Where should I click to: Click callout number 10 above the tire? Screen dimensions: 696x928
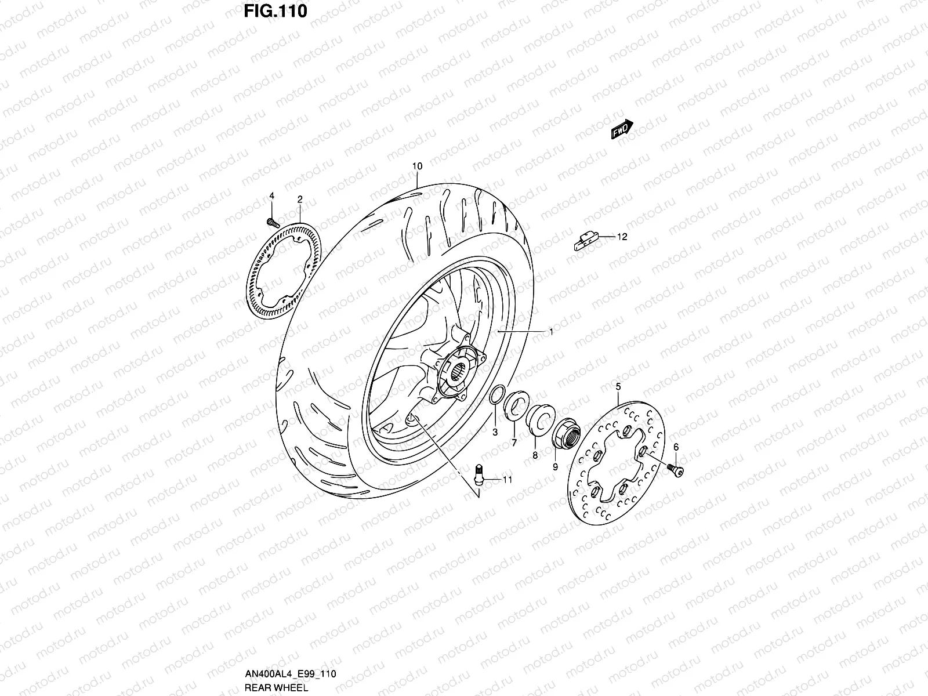point(417,166)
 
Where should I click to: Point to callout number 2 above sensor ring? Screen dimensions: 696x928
point(300,199)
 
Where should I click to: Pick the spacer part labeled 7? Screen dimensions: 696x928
point(516,404)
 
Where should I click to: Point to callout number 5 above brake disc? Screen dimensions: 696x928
point(618,386)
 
